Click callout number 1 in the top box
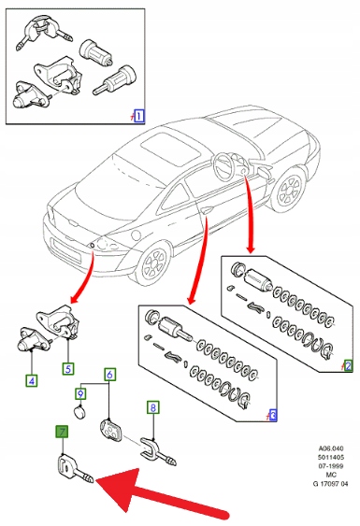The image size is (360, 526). pyautogui.click(x=138, y=116)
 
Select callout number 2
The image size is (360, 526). pyautogui.click(x=348, y=365)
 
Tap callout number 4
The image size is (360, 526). pyautogui.click(x=32, y=381)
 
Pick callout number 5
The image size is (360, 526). pyautogui.click(x=68, y=369)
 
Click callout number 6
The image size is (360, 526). pyautogui.click(x=109, y=375)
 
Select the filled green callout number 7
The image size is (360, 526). pyautogui.click(x=62, y=432)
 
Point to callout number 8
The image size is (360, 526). pyautogui.click(x=153, y=407)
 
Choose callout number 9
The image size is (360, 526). pyautogui.click(x=80, y=393)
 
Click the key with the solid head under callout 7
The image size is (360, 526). pyautogui.click(x=75, y=469)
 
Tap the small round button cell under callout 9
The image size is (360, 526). pyautogui.click(x=79, y=412)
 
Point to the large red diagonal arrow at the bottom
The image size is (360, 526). pyautogui.click(x=161, y=492)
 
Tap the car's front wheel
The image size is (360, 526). pyautogui.click(x=289, y=190)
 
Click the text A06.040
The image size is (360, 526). pyautogui.click(x=331, y=448)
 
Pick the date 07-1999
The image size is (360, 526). pyautogui.click(x=331, y=466)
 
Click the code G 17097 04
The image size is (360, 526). pyautogui.click(x=331, y=484)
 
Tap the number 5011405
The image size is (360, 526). pyautogui.click(x=331, y=457)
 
